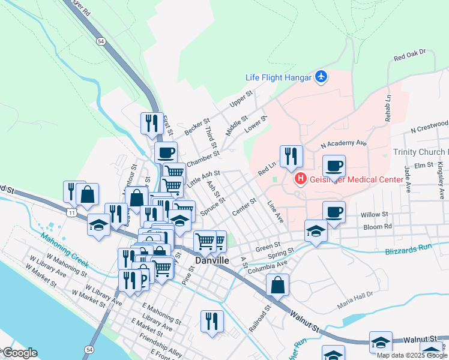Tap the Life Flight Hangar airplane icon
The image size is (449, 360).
322,77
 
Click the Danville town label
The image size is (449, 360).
212,260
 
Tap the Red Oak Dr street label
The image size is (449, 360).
409,55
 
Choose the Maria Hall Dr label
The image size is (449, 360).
355,294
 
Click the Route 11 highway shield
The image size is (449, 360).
72,213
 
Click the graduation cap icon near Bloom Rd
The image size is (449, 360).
316,231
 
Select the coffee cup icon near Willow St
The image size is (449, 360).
334,211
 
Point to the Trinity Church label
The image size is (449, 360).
420,152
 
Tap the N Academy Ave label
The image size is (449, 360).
343,144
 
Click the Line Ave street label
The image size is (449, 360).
275,212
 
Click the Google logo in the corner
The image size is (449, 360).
20,353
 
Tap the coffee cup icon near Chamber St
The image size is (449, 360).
166,152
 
